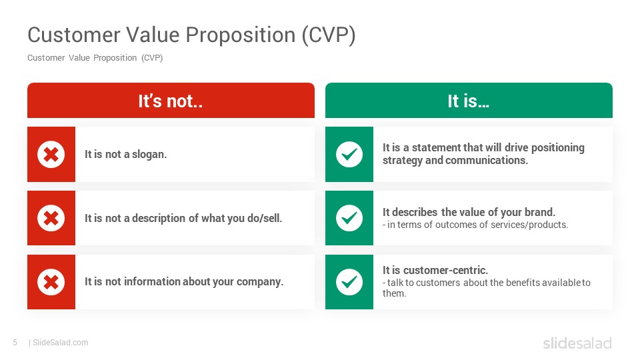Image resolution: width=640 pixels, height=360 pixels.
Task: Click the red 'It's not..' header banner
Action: pos(171,101)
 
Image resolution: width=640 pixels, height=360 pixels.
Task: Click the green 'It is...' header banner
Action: pos(469,101)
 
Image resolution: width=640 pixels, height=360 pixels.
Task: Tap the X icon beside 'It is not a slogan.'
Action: pos(51,154)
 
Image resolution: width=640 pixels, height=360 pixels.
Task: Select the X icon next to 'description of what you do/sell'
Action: pos(51,218)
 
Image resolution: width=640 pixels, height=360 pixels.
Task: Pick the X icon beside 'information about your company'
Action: pos(51,282)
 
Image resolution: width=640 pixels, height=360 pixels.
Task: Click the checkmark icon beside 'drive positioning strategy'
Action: pos(349,154)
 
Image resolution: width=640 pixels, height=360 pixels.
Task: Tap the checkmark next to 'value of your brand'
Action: pos(349,218)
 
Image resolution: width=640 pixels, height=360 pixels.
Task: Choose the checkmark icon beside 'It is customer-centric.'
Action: pos(349,282)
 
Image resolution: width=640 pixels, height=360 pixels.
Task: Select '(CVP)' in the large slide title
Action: pos(329,35)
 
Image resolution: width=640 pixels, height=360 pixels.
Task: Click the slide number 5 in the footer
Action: pos(15,343)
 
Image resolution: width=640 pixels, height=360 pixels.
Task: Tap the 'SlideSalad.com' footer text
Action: pos(61,343)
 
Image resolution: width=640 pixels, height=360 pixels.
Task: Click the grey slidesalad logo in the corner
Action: pos(577,343)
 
